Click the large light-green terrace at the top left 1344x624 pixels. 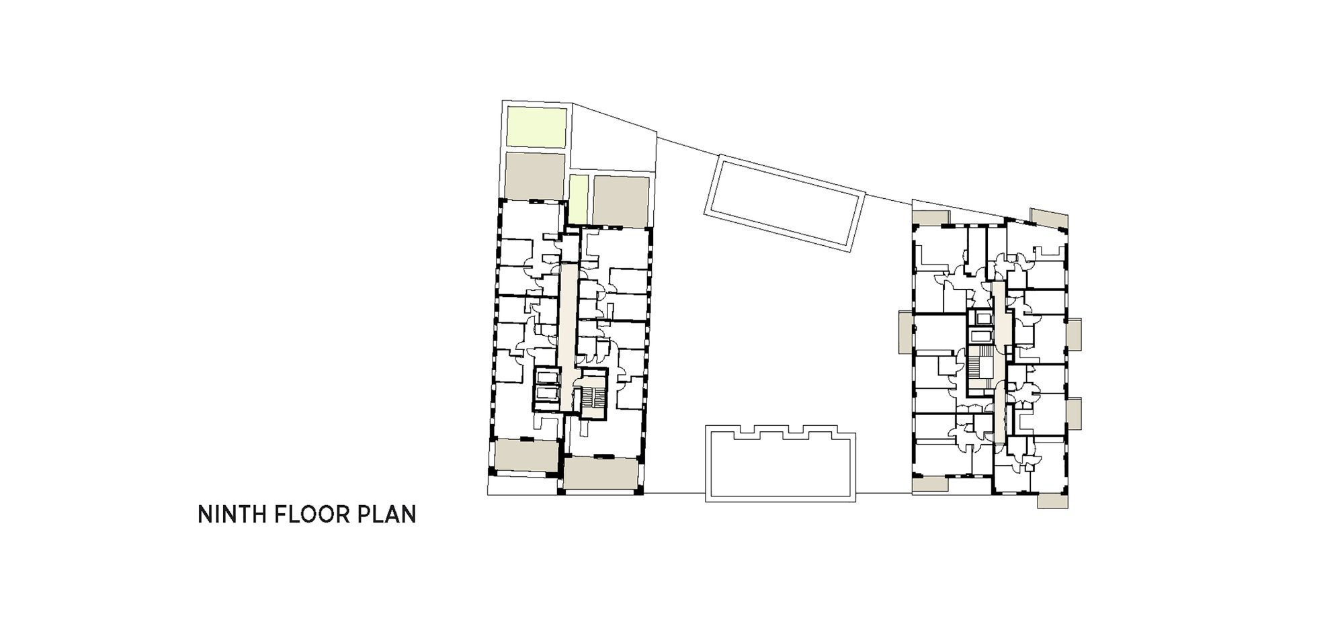point(536,127)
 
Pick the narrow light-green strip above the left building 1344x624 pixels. point(579,199)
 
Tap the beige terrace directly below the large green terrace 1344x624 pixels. point(534,175)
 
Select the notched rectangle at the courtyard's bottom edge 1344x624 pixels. point(781,463)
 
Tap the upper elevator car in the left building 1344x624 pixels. point(546,376)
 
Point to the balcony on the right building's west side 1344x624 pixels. point(905,333)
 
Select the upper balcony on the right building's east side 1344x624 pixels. point(1073,335)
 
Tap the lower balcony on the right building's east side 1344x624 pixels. point(1073,414)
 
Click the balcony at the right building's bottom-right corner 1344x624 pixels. point(1053,500)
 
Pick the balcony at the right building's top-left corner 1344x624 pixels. point(931,218)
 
